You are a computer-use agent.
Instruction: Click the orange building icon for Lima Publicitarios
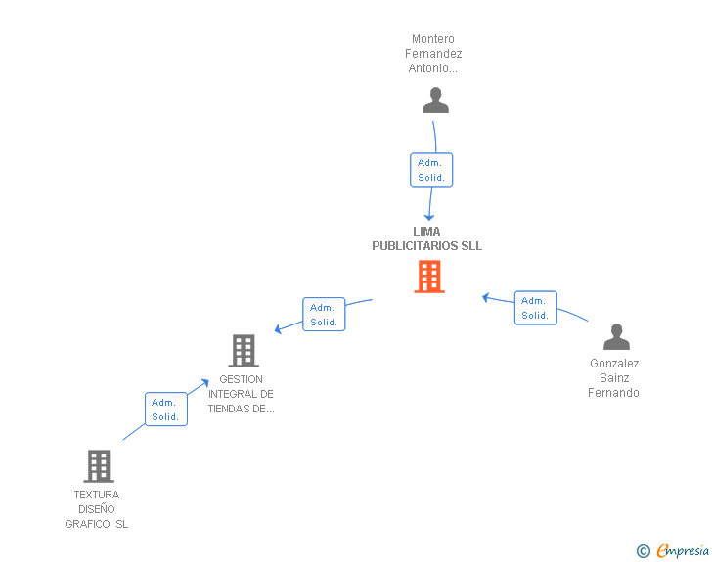(x=429, y=277)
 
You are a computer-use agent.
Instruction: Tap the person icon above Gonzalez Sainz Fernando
(x=616, y=337)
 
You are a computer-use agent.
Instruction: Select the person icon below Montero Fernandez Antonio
(x=435, y=101)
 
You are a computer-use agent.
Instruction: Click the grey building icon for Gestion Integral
(x=244, y=350)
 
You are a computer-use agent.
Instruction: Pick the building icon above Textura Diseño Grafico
(x=99, y=466)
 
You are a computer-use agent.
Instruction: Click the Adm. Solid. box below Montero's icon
(x=431, y=170)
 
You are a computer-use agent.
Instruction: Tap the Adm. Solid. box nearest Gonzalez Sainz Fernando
(x=535, y=308)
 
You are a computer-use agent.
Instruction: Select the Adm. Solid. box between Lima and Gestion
(x=324, y=315)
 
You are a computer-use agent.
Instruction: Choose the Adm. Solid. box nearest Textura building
(x=165, y=410)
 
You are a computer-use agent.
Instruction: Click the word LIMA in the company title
(x=426, y=232)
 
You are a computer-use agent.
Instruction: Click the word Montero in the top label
(x=433, y=40)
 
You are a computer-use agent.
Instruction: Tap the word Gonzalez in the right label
(x=614, y=364)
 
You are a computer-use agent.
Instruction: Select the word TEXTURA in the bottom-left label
(x=97, y=495)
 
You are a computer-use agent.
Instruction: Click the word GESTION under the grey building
(x=242, y=379)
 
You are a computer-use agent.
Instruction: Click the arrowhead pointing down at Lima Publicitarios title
(x=428, y=217)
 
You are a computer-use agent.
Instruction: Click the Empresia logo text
(x=683, y=551)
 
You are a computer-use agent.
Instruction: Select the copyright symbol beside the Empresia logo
(x=644, y=551)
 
